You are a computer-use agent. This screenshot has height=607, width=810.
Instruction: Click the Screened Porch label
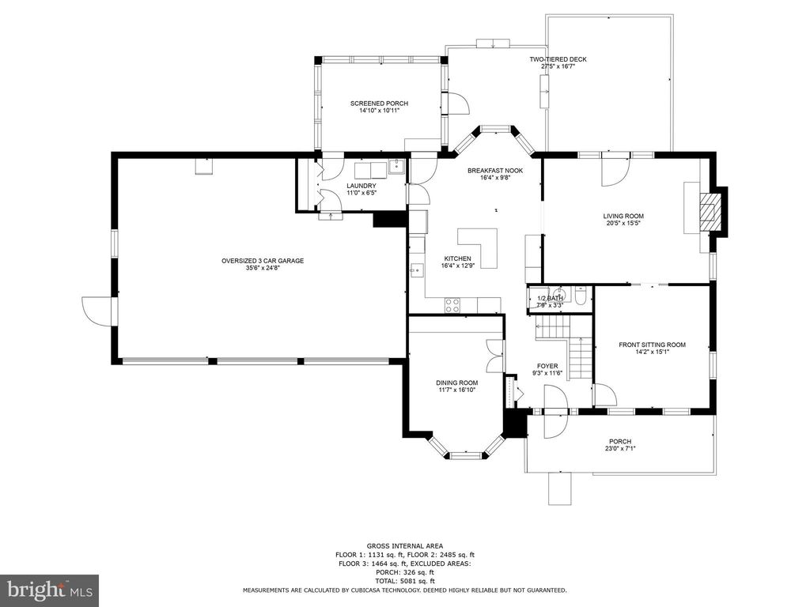pyautogui.click(x=379, y=104)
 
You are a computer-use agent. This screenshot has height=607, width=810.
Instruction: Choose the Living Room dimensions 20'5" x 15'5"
pyautogui.click(x=623, y=223)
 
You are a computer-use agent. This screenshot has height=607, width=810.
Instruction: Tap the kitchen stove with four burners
pyautogui.click(x=453, y=305)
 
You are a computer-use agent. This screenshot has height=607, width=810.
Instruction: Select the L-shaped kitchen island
pyautogui.click(x=478, y=246)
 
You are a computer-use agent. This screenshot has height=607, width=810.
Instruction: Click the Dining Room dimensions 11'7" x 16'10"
pyautogui.click(x=457, y=390)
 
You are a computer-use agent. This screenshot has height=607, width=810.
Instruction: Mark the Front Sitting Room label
pyautogui.click(x=652, y=345)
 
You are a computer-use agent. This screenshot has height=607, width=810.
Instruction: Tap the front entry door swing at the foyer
pyautogui.click(x=556, y=424)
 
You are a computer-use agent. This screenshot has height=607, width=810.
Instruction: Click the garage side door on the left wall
pyautogui.click(x=97, y=311)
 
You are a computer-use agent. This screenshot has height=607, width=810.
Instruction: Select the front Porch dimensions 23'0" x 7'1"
pyautogui.click(x=620, y=449)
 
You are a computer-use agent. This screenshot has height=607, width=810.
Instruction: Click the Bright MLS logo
pyautogui.click(x=49, y=590)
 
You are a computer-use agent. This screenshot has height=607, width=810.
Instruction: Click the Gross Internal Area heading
pyautogui.click(x=404, y=546)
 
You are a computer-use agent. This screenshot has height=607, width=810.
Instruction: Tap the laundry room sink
pyautogui.click(x=395, y=167)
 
